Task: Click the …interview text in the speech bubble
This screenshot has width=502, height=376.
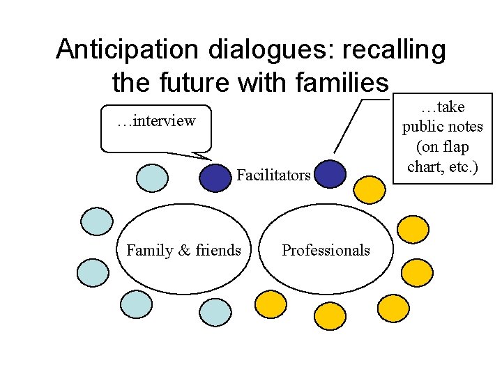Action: click(156, 121)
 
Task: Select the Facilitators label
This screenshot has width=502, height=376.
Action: click(273, 175)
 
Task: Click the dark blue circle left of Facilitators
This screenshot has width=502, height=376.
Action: click(215, 178)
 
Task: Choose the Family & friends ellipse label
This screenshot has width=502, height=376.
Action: click(184, 250)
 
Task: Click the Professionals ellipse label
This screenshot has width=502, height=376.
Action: click(326, 250)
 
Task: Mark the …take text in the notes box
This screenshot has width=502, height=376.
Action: click(443, 107)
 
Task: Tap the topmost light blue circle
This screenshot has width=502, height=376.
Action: click(151, 178)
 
